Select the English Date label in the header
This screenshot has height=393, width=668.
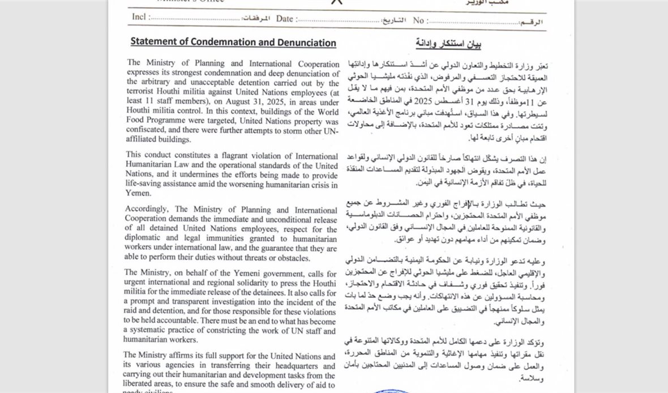coord(285,19)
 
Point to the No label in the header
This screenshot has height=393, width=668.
coord(418,20)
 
